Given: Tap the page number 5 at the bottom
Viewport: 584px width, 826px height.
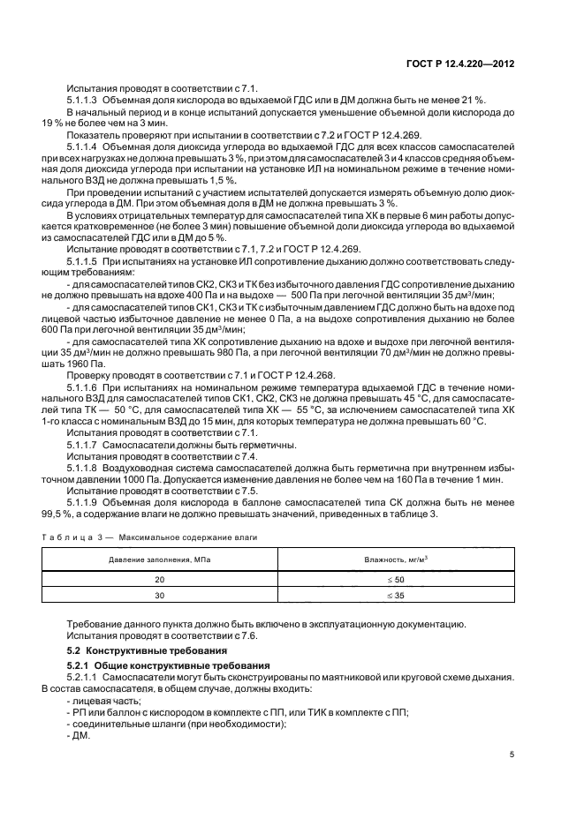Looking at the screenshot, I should [512, 754].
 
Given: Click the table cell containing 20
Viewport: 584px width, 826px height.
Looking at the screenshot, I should [160, 580].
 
